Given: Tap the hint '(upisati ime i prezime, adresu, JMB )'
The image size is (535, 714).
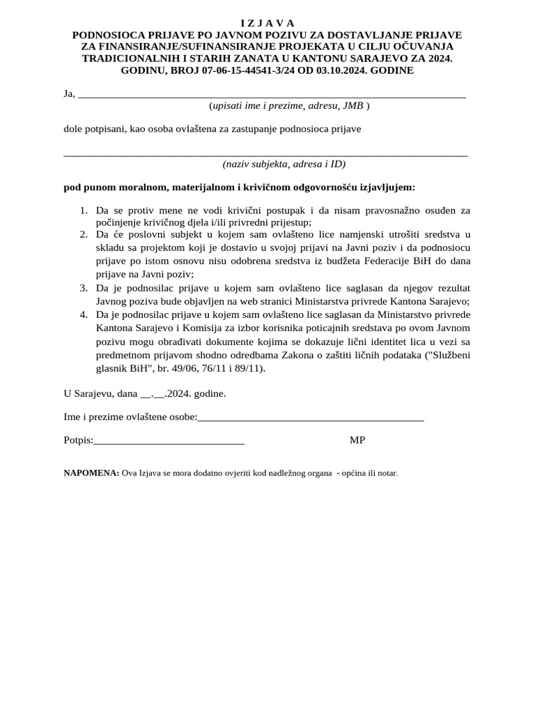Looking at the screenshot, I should [x=289, y=106].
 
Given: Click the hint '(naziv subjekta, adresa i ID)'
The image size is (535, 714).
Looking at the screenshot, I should [x=284, y=165].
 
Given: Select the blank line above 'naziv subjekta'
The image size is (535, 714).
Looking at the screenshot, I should [x=265, y=155].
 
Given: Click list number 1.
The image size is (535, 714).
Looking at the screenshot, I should [x=83, y=210].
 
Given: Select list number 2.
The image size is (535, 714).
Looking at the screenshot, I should [x=83, y=234].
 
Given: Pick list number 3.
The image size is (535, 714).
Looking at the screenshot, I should [x=83, y=287].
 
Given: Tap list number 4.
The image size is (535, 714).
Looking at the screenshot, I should [x=83, y=314].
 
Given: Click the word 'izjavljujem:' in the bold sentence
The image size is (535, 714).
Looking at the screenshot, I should [x=387, y=188].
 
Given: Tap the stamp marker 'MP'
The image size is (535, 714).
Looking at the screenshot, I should [x=357, y=440].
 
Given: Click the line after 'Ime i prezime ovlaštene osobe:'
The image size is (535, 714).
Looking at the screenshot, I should [x=311, y=420].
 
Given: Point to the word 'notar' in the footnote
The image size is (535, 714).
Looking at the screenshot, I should [x=386, y=473].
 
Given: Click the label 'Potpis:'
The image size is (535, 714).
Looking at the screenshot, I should [x=78, y=440].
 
